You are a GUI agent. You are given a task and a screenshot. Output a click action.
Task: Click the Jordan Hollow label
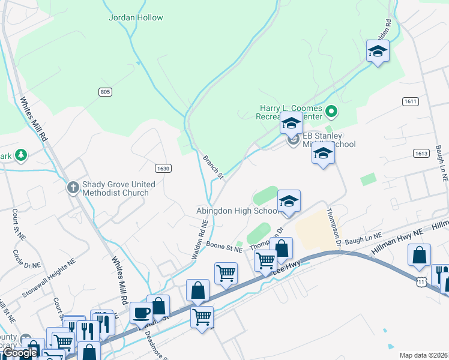pyautogui.click(x=136, y=17)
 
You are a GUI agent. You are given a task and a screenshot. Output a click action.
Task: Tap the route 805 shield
pyautogui.click(x=106, y=91)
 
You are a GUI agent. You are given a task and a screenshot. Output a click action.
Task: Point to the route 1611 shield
pyautogui.click(x=411, y=101)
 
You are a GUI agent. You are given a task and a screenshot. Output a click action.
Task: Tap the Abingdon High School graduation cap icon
pyautogui.click(x=289, y=201)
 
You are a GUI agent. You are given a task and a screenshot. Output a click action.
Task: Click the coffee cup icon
pyautogui.click(x=142, y=313)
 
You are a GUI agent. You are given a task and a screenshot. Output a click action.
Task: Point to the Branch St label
pyautogui.click(x=213, y=167)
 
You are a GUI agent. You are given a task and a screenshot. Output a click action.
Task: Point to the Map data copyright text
pyautogui.click(x=423, y=355)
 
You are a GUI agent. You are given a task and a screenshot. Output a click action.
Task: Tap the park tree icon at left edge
pyautogui.click(x=21, y=155)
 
